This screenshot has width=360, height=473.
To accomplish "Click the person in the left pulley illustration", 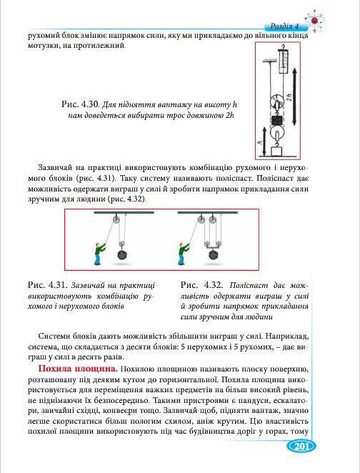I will pos(99,252).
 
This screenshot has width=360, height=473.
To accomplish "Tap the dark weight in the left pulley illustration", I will pos(122,254).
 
